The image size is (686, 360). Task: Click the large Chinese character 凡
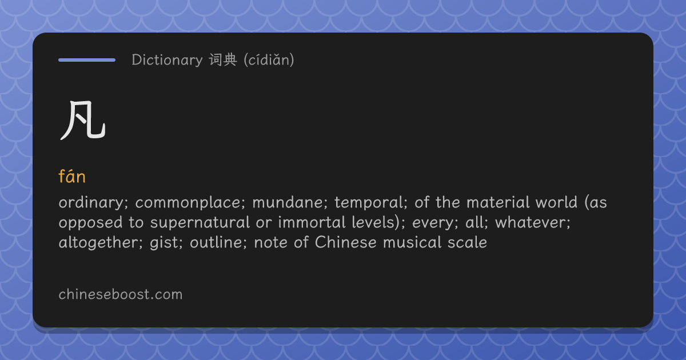tap(83, 121)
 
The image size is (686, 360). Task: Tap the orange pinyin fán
tap(72, 176)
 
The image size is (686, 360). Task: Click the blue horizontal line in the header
tap(87, 60)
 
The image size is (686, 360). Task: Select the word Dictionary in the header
tap(167, 60)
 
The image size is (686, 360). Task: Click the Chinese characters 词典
tap(223, 59)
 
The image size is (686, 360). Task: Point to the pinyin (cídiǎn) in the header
tap(269, 60)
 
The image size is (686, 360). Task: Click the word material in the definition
tap(498, 202)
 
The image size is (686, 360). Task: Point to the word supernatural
tap(200, 222)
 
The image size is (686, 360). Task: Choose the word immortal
tap(312, 222)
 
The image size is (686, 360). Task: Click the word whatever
tap(533, 222)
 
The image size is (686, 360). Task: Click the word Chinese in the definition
tap(345, 242)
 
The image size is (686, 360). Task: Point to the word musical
tap(412, 242)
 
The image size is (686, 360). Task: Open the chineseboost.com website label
tap(121, 294)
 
